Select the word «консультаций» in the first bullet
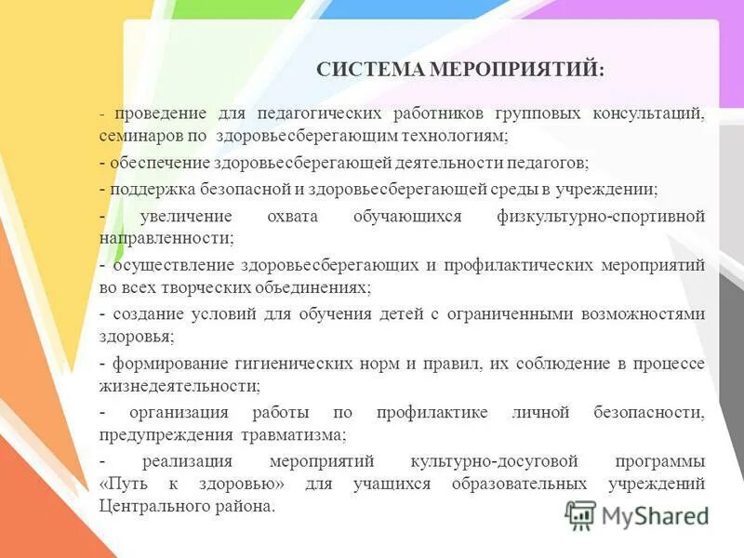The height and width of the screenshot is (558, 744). pos(648,113)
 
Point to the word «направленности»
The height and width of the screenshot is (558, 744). pos(166,238)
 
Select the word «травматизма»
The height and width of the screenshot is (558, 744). pos(300,433)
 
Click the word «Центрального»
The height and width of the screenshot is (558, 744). pos(153,507)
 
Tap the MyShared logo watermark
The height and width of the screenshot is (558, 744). pos(637,514)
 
